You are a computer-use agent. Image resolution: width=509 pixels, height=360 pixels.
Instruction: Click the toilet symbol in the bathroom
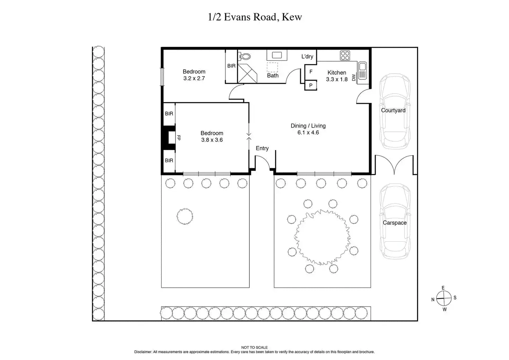click(x=244, y=56)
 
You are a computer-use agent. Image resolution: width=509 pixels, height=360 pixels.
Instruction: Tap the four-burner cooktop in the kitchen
click(x=345, y=56)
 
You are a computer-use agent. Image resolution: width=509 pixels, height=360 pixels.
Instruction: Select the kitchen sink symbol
click(x=362, y=71)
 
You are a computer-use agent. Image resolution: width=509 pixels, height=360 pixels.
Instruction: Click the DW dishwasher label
click(x=354, y=77)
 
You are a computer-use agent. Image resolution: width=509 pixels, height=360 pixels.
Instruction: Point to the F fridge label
click(x=311, y=72)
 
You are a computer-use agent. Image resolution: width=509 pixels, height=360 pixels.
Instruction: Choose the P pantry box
click(x=311, y=85)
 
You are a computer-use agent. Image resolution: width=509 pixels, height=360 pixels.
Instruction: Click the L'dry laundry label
click(x=307, y=56)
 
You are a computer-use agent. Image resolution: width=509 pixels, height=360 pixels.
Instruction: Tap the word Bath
click(x=273, y=75)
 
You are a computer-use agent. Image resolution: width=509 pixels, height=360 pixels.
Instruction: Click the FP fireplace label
click(x=179, y=138)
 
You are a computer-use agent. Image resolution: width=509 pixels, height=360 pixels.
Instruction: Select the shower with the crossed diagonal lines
click(x=247, y=73)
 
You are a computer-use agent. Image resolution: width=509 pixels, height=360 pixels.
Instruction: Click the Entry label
click(x=262, y=148)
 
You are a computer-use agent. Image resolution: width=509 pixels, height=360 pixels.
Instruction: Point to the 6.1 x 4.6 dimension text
click(x=308, y=132)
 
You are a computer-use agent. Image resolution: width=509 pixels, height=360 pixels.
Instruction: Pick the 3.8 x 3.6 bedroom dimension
click(x=212, y=140)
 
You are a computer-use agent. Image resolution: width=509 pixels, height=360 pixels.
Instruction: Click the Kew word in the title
click(x=292, y=17)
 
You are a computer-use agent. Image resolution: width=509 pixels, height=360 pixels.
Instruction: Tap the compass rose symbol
click(x=444, y=298)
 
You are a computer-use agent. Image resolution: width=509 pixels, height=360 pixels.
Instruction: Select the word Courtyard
click(x=393, y=110)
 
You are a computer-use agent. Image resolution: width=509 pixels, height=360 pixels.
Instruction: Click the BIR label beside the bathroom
click(x=231, y=66)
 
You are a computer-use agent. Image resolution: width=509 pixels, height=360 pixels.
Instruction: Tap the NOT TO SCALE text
click(x=254, y=348)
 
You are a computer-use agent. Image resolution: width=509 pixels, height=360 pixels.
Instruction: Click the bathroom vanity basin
click(x=277, y=55)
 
